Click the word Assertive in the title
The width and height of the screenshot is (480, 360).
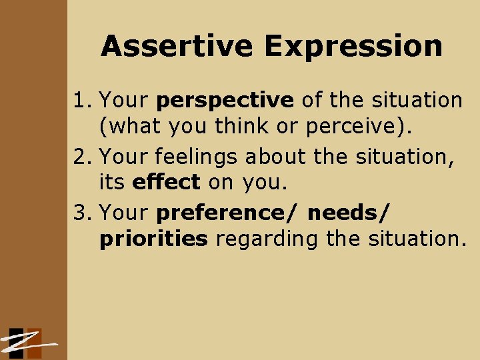pos(177,47)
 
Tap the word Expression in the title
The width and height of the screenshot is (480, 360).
pos(353,47)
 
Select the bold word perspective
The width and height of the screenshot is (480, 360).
pos(225,101)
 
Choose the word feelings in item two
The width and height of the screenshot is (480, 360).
pos(198,157)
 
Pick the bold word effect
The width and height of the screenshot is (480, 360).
pos(167,181)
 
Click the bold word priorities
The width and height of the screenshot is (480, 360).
pos(153,239)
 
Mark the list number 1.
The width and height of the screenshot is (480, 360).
pos(82,101)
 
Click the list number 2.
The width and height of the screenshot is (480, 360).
pos(82,157)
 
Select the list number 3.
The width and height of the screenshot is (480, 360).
pos(82,213)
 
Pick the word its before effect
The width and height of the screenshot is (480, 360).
pos(113,181)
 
